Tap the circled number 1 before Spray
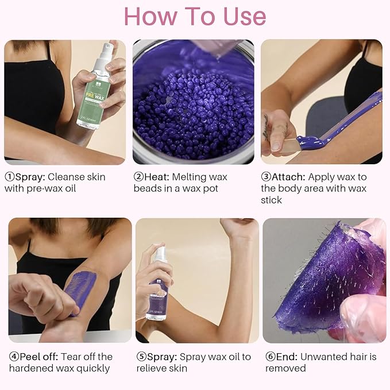9,177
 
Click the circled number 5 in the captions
141,357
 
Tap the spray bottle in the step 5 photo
158,287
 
